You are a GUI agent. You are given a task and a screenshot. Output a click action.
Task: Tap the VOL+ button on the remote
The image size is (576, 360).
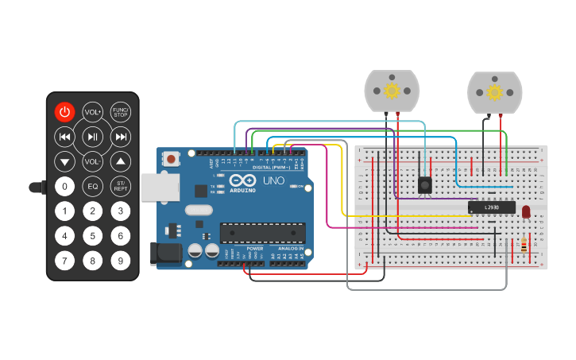93,112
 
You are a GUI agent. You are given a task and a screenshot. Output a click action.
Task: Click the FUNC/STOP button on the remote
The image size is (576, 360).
121,112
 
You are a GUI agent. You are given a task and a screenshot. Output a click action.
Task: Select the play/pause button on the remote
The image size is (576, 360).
93,137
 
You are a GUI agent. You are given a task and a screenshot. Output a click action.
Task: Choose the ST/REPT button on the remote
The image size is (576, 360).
121,186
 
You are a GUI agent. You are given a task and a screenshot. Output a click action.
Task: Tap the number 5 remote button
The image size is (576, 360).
93,235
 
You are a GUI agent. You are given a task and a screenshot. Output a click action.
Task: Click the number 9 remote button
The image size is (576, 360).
121,260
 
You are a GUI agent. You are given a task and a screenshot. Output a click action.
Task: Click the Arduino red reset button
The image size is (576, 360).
172,159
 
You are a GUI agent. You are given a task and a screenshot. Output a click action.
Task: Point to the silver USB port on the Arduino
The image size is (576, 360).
155,187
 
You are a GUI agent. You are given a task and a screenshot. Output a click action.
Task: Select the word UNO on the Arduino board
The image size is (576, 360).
273,181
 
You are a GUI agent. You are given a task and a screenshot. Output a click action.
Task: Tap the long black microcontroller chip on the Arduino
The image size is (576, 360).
263,232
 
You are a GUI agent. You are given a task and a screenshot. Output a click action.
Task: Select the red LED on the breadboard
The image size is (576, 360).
524,211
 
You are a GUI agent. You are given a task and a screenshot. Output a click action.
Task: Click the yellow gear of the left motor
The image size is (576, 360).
392,91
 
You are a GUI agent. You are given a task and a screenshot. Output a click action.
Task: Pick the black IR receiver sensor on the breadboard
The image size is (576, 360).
425,185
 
